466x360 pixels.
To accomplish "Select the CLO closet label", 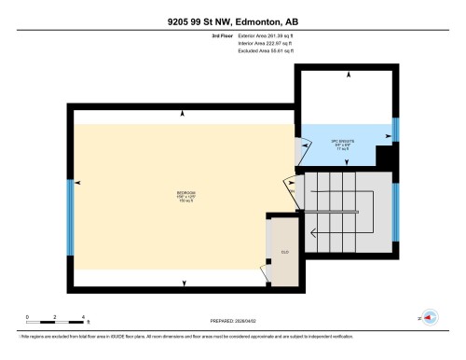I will coord(285,251).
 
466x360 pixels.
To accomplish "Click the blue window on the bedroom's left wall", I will coord(70,217).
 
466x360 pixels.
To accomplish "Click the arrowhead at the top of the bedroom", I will coord(183,114).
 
